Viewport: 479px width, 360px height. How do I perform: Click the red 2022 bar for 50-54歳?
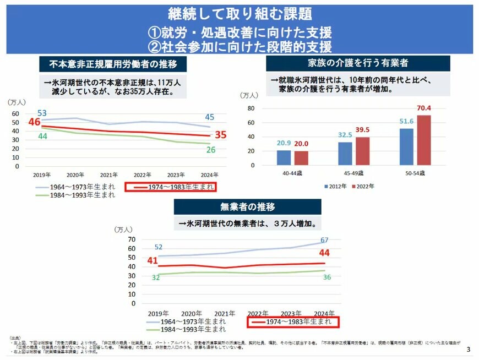click(423, 140)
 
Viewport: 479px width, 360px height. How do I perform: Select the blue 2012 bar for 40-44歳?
click(284, 157)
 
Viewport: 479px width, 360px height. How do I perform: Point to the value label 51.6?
click(406, 121)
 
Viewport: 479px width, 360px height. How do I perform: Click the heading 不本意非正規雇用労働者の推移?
click(113, 64)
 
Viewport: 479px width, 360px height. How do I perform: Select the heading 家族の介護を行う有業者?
click(357, 63)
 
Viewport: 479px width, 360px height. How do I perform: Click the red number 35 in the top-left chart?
click(221, 134)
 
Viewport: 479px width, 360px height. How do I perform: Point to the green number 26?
click(210, 150)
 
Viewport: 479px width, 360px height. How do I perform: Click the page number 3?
click(468, 350)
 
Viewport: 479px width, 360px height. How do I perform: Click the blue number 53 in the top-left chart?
click(42, 113)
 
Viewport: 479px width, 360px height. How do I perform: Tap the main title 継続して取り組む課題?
click(239, 13)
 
